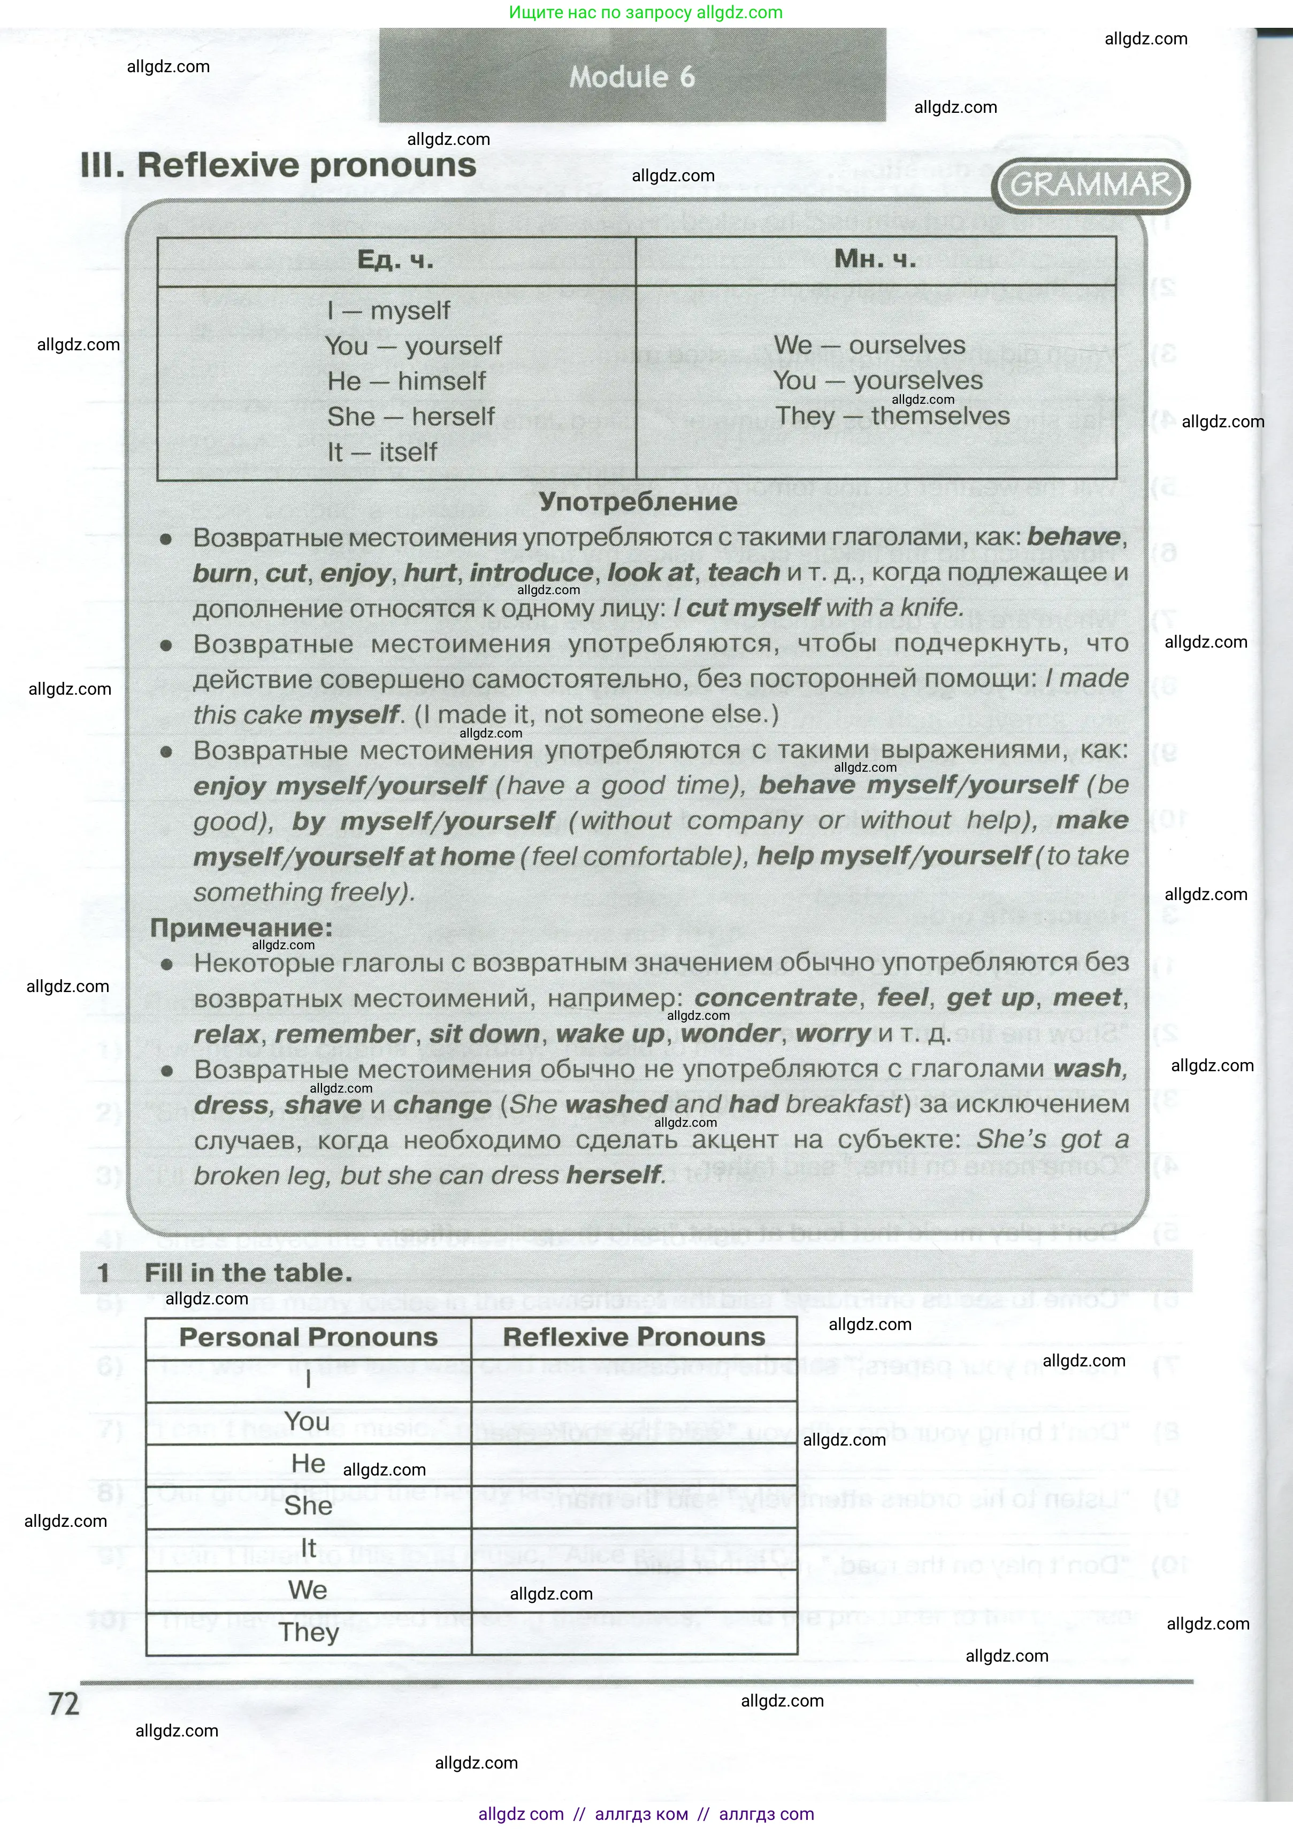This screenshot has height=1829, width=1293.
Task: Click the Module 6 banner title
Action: point(632,77)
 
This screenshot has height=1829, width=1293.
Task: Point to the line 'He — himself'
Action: point(407,381)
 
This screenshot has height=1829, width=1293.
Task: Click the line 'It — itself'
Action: point(382,452)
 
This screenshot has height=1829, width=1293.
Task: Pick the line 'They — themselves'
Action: point(892,416)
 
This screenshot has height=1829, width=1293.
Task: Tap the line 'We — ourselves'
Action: point(869,345)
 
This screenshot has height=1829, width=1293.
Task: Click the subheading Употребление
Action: point(638,502)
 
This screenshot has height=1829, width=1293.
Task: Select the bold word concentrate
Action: point(775,997)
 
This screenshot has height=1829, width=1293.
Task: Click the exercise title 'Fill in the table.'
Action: point(248,1272)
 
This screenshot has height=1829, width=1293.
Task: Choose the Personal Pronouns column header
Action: point(308,1336)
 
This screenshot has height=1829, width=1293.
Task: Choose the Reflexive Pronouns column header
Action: point(634,1336)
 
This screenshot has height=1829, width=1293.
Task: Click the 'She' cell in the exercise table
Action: point(308,1505)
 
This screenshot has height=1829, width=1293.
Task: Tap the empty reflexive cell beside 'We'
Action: point(634,1590)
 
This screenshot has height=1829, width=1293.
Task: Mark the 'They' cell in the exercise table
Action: point(308,1632)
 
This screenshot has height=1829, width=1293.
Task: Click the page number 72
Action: point(65,1704)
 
